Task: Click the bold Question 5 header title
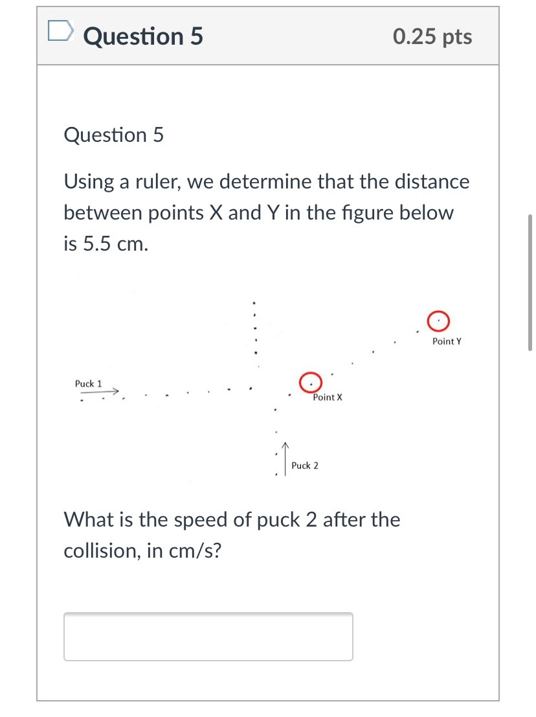(x=143, y=36)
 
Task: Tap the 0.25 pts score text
(x=432, y=37)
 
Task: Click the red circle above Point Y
(x=438, y=320)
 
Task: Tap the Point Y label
(x=447, y=341)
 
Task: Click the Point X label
(x=328, y=397)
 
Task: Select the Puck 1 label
(x=88, y=383)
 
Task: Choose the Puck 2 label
(x=305, y=466)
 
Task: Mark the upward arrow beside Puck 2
(x=285, y=459)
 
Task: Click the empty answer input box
(x=208, y=636)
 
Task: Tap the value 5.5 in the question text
(x=98, y=244)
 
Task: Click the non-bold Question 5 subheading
(x=114, y=135)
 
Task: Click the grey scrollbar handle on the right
(x=531, y=282)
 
